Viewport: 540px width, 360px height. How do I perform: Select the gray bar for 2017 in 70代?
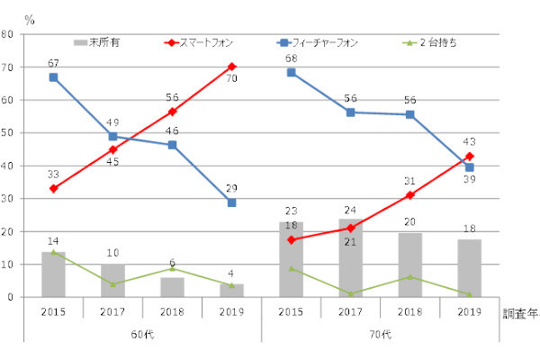[x=350, y=257]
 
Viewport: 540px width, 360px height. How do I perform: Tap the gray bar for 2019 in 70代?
[x=470, y=267]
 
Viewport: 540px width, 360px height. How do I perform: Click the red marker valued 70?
[x=231, y=67]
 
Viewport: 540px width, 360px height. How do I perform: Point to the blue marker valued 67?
[x=54, y=77]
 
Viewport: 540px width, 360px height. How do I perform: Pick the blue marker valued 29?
[x=231, y=202]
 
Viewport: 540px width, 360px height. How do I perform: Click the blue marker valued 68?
[x=292, y=72]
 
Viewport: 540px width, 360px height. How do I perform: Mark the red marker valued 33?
[x=54, y=189]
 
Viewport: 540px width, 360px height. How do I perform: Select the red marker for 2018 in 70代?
[x=410, y=195]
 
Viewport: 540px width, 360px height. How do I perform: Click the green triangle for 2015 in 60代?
[x=54, y=252]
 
